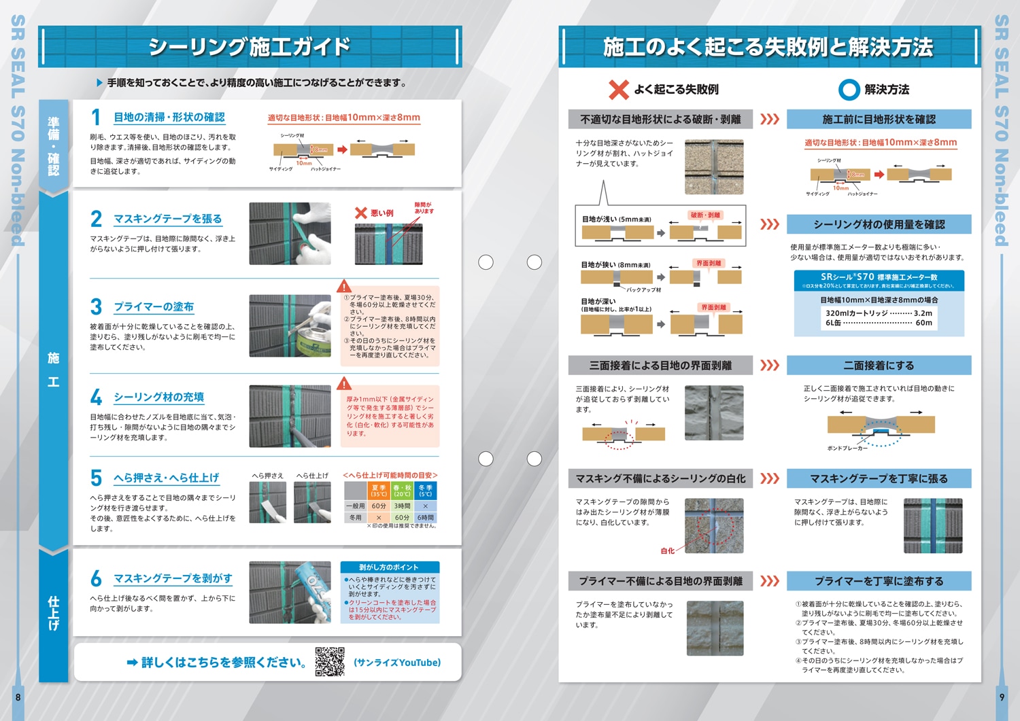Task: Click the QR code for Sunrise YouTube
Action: (x=330, y=662)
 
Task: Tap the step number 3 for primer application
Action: (x=97, y=307)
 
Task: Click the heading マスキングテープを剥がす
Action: (x=173, y=578)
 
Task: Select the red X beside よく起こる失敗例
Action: (x=618, y=90)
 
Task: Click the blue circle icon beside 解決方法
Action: (x=849, y=90)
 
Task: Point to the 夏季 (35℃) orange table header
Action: (x=379, y=491)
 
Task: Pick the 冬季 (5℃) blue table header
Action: (x=426, y=491)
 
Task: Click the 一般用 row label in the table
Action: (x=355, y=506)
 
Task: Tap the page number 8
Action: (x=18, y=697)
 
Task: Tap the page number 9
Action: (x=1001, y=697)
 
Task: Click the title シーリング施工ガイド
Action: (x=250, y=47)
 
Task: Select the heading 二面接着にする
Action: (x=879, y=366)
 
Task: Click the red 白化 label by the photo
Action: (x=667, y=551)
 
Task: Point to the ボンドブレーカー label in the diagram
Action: (x=847, y=449)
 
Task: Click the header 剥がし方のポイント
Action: (x=389, y=567)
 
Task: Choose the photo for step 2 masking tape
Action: (x=290, y=234)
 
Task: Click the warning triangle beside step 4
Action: (x=345, y=384)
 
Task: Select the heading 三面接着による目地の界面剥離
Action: (x=660, y=366)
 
